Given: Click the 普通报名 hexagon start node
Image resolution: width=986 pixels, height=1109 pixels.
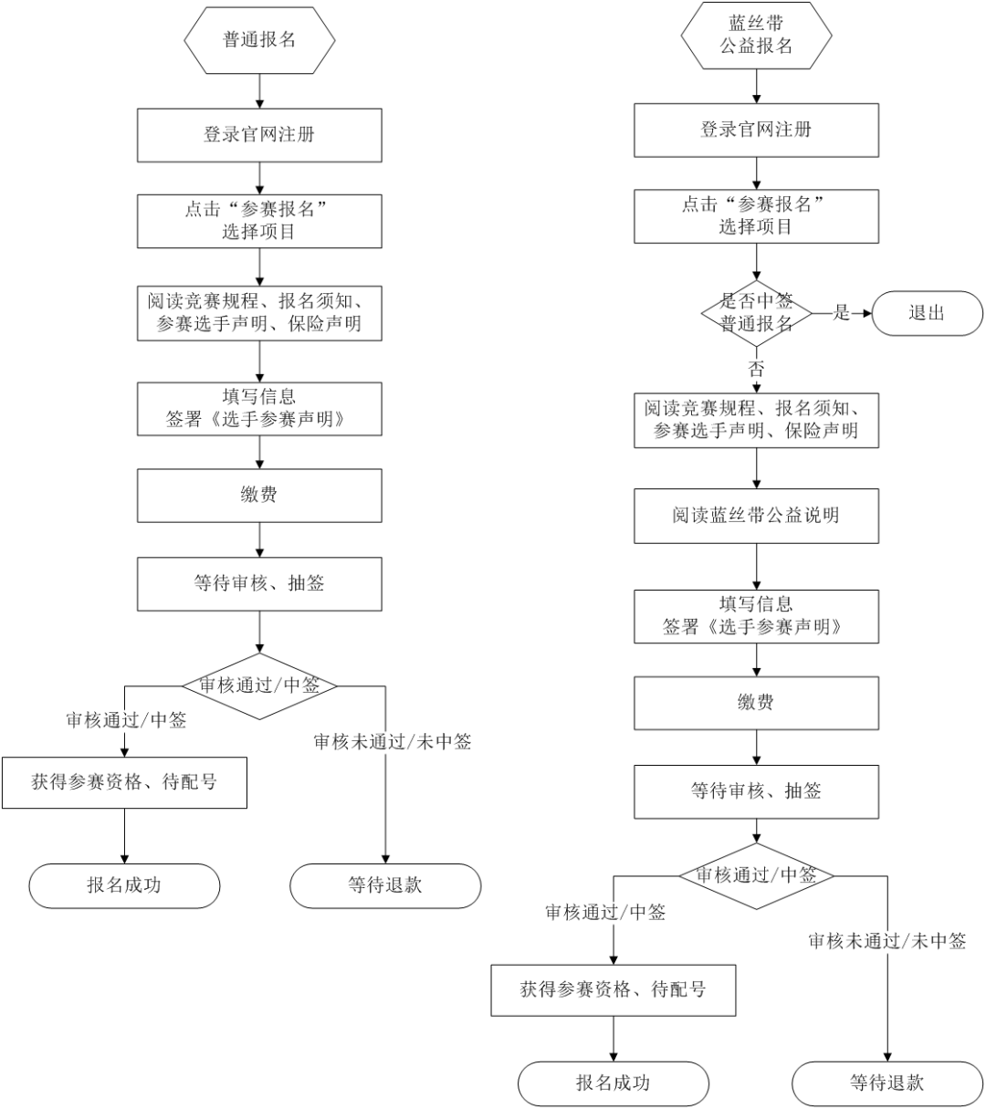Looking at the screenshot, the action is click(x=259, y=40).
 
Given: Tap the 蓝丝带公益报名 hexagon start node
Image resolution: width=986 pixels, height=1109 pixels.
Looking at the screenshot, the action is click(x=756, y=35).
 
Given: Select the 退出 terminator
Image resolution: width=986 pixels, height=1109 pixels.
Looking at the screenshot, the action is click(x=927, y=313).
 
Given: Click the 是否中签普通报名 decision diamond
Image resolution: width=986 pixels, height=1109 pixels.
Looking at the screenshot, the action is click(x=756, y=312).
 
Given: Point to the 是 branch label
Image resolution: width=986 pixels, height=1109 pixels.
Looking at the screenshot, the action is click(x=841, y=313).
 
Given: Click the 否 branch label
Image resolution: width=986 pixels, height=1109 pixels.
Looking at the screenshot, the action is click(x=756, y=369).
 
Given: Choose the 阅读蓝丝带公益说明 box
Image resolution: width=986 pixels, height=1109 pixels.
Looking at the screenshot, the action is click(x=756, y=516).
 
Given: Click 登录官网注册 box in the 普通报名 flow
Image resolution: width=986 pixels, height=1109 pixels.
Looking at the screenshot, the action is click(x=259, y=135).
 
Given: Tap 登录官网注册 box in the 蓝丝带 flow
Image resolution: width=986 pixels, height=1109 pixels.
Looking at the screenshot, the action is click(x=756, y=130).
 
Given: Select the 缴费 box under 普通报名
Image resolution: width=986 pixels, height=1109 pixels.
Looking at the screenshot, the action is click(x=259, y=496).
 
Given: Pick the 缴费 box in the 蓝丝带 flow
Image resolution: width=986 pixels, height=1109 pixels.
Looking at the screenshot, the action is click(x=756, y=703).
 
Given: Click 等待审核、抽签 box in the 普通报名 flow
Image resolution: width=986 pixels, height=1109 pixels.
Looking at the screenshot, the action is click(x=259, y=584).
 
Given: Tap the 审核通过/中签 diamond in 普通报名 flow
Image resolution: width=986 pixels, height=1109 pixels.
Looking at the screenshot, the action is click(x=259, y=685).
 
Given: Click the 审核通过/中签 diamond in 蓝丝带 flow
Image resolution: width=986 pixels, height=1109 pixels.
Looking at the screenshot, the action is click(x=756, y=875).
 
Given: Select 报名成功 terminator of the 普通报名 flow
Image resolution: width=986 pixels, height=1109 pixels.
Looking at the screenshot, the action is click(x=124, y=885).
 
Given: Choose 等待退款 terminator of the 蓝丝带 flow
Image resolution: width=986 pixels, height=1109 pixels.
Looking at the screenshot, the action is click(x=886, y=1083).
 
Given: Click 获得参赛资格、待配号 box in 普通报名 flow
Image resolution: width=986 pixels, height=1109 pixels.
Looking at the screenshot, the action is click(x=124, y=782).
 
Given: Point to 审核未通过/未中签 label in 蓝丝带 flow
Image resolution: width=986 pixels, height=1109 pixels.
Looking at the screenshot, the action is click(x=886, y=942).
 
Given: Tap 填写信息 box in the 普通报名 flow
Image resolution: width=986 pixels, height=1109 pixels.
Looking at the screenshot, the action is click(x=259, y=408).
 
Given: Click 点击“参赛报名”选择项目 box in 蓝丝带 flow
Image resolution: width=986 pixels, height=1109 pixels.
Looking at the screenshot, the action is click(x=756, y=216).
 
